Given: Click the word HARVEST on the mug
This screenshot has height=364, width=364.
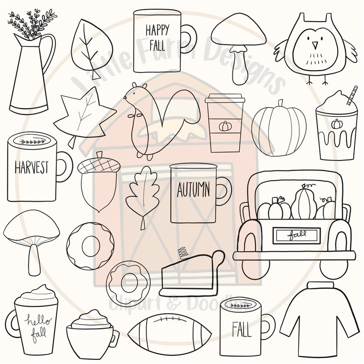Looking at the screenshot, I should (x=31, y=167).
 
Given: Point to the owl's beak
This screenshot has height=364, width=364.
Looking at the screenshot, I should (x=314, y=45).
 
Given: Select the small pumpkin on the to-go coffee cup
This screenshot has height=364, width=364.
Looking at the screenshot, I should (x=225, y=126).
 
